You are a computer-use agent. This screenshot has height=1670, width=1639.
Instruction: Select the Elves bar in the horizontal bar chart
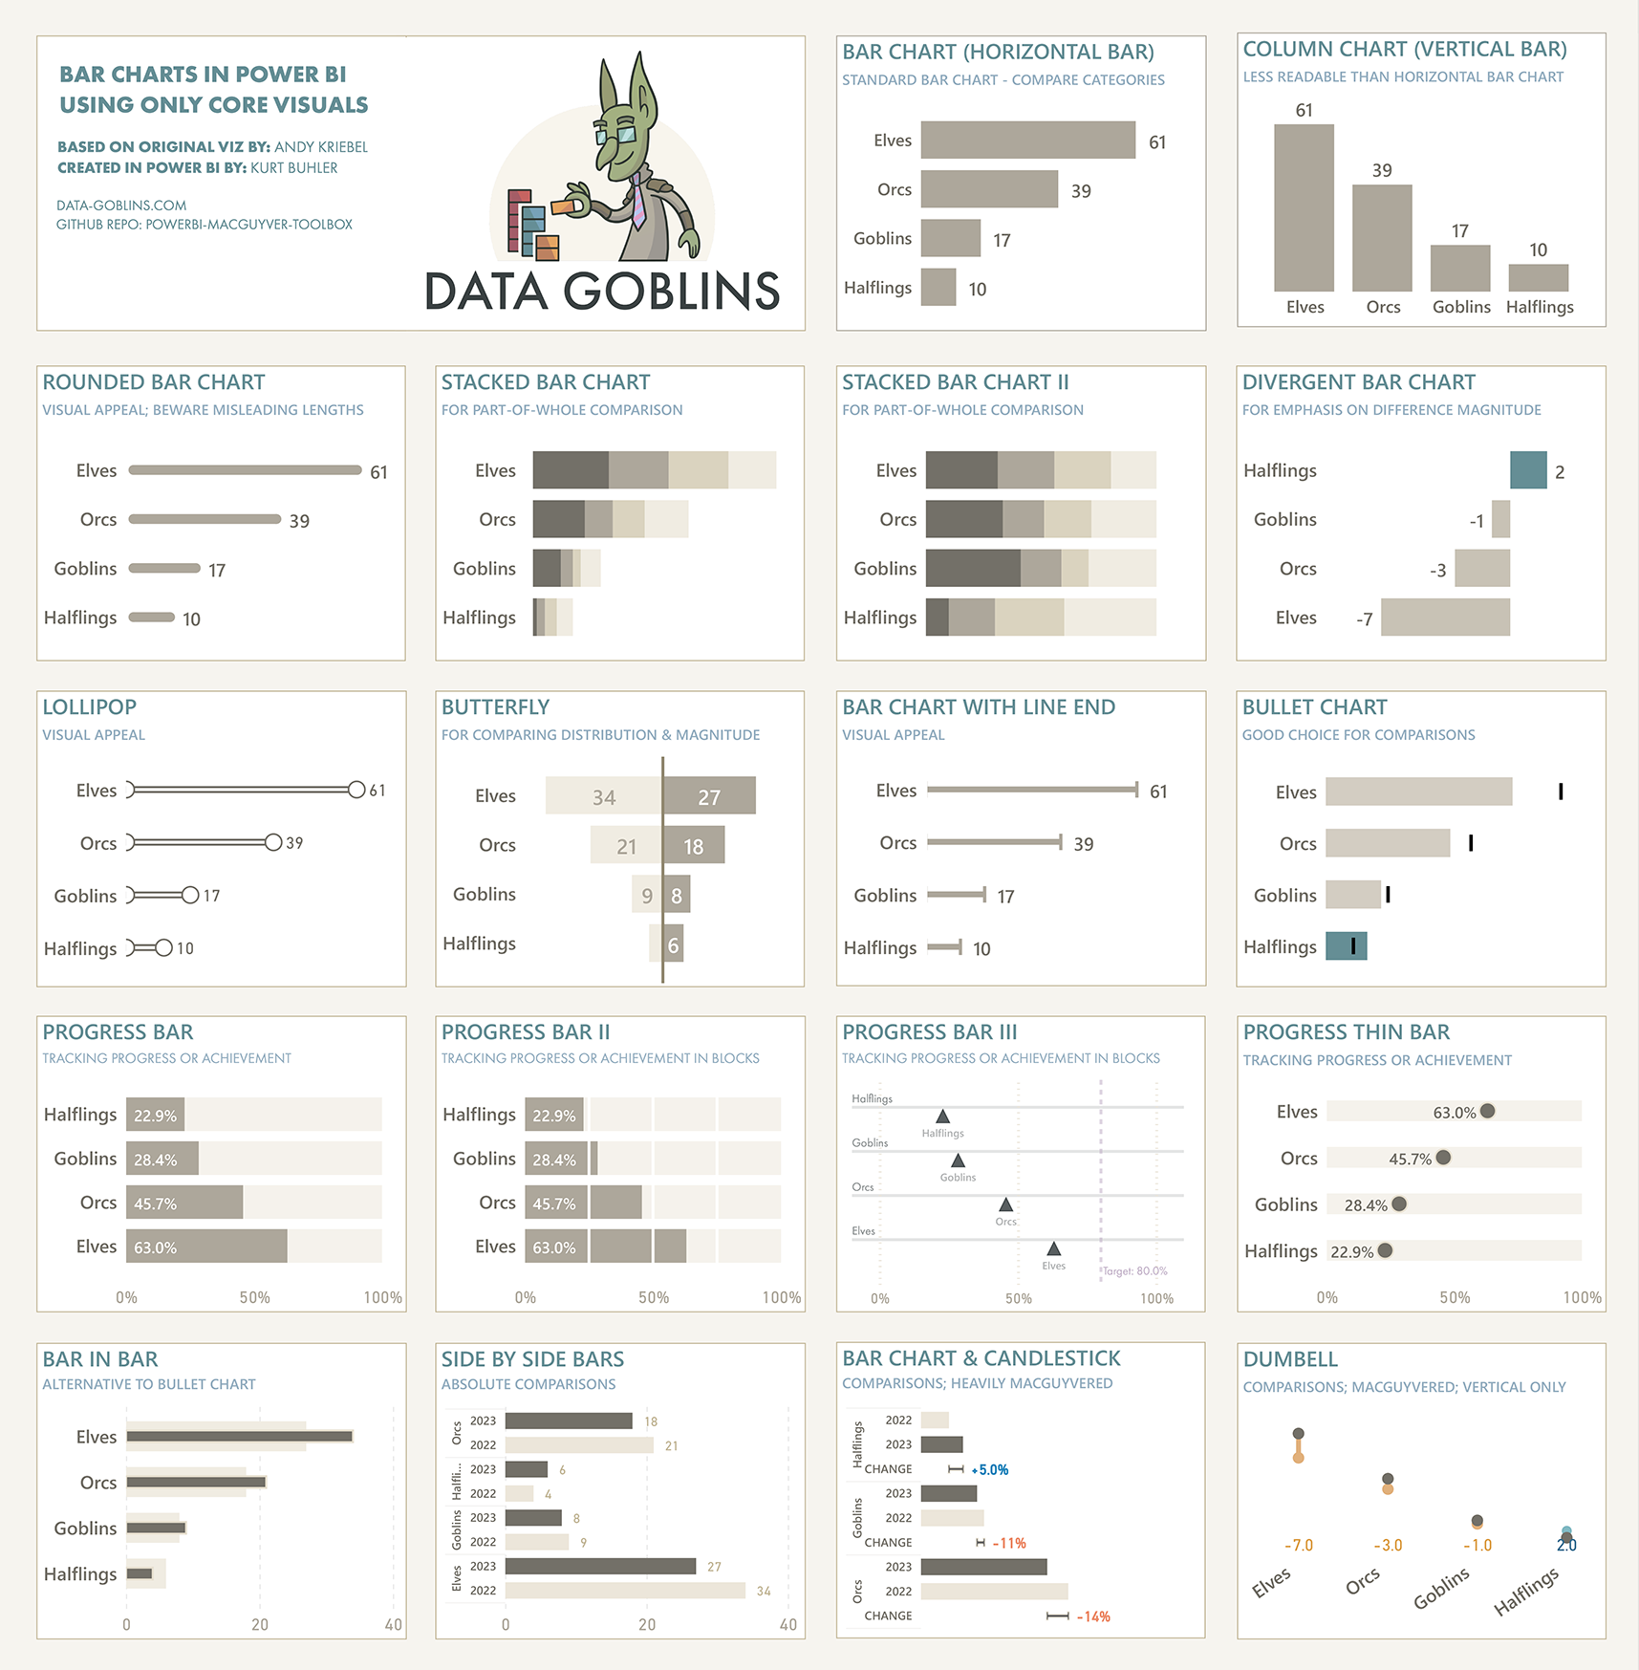[x=1027, y=141]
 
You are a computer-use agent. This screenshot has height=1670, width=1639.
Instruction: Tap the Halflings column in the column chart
[x=1538, y=277]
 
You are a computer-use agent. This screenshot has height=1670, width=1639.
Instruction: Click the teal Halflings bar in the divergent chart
[x=1528, y=470]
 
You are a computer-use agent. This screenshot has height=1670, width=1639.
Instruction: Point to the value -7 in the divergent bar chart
[x=1364, y=619]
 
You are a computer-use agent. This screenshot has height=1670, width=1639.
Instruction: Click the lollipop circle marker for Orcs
[x=273, y=842]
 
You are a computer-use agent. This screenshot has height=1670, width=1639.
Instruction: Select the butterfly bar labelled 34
[x=603, y=796]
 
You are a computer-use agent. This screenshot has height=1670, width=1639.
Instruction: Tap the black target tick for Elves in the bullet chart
[x=1561, y=792]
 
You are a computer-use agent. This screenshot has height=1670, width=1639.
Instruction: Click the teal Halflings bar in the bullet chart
[x=1346, y=946]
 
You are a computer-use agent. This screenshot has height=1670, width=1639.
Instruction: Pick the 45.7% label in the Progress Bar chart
[x=156, y=1204]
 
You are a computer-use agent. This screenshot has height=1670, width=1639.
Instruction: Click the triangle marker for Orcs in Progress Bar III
[x=1005, y=1205]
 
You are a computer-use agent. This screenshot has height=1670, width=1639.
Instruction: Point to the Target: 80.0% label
[x=1134, y=1271]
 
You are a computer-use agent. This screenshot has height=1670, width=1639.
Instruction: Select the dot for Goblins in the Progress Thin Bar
[x=1399, y=1204]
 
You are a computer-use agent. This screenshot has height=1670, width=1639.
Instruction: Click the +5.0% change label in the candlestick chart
[x=989, y=1470]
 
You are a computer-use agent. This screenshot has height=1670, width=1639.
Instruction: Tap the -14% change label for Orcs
[x=1093, y=1616]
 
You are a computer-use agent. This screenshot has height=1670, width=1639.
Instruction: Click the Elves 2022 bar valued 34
[x=625, y=1591]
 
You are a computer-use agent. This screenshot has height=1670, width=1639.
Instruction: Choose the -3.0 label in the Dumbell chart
[x=1388, y=1546]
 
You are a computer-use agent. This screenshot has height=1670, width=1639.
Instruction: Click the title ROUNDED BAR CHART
[x=154, y=382]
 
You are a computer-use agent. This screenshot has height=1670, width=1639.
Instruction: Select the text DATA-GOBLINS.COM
[x=121, y=206]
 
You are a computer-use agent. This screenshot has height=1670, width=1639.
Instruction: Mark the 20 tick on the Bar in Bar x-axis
[x=260, y=1624]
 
